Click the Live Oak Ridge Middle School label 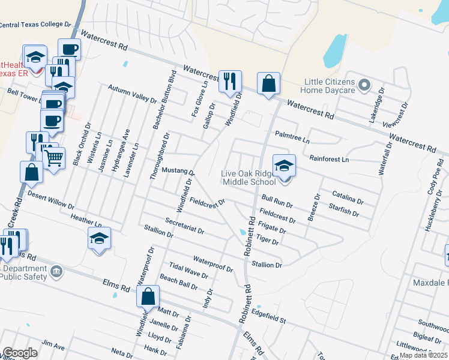point(248,178)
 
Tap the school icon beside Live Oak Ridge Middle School point(284,165)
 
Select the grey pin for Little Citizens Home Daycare point(363,86)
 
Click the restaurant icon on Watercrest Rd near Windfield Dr point(229,81)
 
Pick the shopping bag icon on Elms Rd point(148,296)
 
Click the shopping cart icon point(54,158)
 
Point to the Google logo point(20,353)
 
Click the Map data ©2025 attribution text point(423,355)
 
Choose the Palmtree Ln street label point(292,137)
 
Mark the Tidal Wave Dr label point(188,271)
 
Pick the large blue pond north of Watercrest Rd point(335,52)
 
